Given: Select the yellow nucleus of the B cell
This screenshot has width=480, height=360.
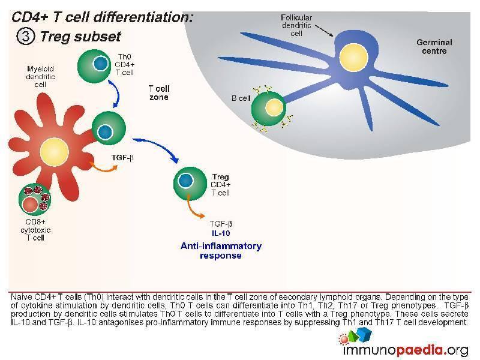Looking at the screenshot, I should tap(274, 107).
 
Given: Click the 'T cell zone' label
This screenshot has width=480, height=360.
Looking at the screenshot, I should tap(158, 92).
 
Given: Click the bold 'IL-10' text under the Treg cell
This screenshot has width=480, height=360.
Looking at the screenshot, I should tap(221, 233).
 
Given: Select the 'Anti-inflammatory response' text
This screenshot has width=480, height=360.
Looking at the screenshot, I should tap(221, 250).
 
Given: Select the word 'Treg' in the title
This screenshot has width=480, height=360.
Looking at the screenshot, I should tap(55, 36).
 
